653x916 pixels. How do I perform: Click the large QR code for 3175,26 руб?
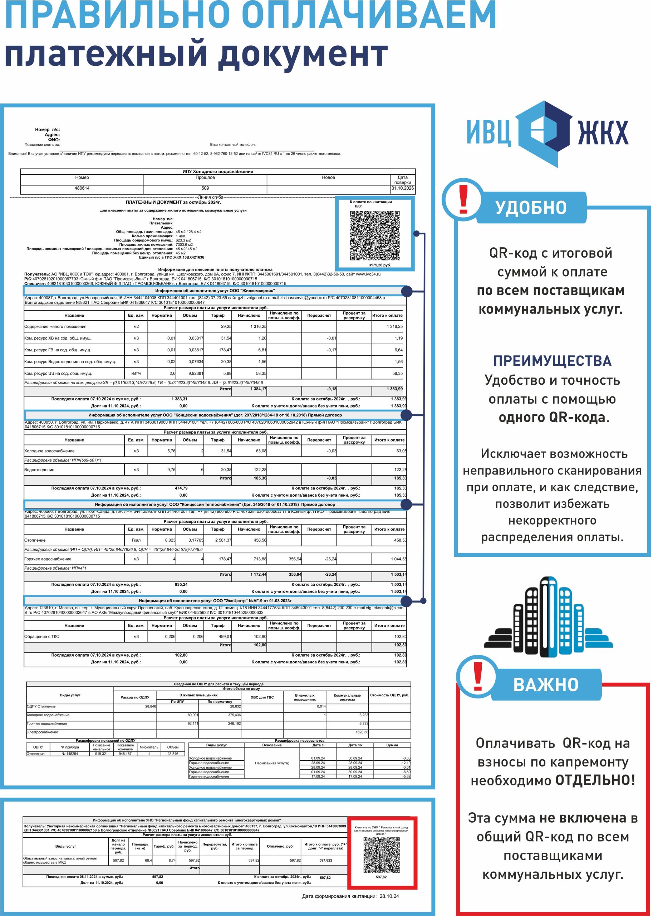click(x=374, y=235)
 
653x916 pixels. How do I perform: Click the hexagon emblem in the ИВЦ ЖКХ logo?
click(x=544, y=133)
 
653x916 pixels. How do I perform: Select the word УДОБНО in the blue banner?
click(x=531, y=208)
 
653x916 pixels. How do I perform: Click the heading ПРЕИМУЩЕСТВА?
click(x=552, y=361)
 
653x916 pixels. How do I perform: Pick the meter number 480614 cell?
click(x=82, y=188)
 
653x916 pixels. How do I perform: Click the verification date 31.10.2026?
click(x=403, y=188)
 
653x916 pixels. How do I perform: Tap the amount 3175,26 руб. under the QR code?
click(x=379, y=265)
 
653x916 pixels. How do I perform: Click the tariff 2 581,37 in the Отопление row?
click(x=223, y=540)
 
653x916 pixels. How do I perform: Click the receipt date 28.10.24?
click(x=389, y=896)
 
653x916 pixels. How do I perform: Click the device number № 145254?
click(x=70, y=754)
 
